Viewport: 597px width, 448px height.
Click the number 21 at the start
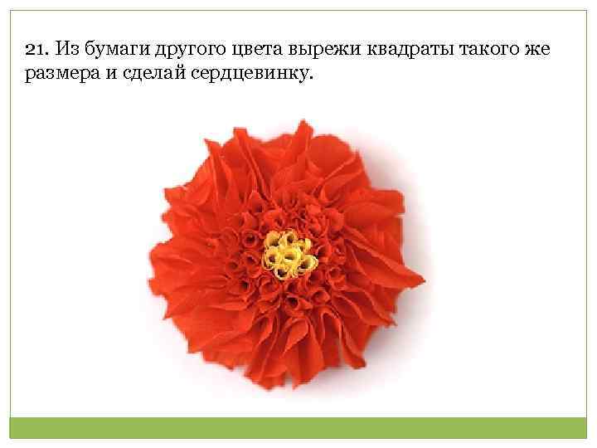point(34,51)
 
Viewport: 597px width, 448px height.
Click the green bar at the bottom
point(298,426)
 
